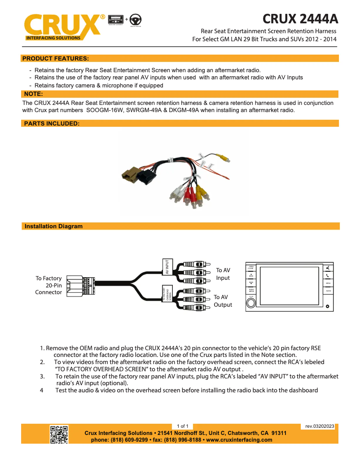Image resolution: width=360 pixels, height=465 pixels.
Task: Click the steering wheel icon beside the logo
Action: tap(136, 20)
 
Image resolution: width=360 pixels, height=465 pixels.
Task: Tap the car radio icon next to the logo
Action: tap(115, 20)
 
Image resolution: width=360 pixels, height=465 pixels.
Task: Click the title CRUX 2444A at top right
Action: tap(300, 19)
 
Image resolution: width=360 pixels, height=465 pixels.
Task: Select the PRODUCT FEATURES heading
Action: tap(55, 58)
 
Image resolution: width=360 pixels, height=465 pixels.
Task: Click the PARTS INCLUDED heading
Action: tap(52, 123)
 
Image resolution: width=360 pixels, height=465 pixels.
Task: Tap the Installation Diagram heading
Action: tap(53, 226)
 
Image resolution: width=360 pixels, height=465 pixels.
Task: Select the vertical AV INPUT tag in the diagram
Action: tap(167, 266)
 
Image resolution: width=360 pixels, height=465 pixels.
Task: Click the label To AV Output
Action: tap(223, 301)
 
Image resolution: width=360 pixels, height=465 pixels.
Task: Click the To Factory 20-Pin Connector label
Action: tap(48, 285)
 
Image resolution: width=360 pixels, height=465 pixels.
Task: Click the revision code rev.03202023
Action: tap(320, 426)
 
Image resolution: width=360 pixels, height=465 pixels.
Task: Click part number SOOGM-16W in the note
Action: tap(105, 110)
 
